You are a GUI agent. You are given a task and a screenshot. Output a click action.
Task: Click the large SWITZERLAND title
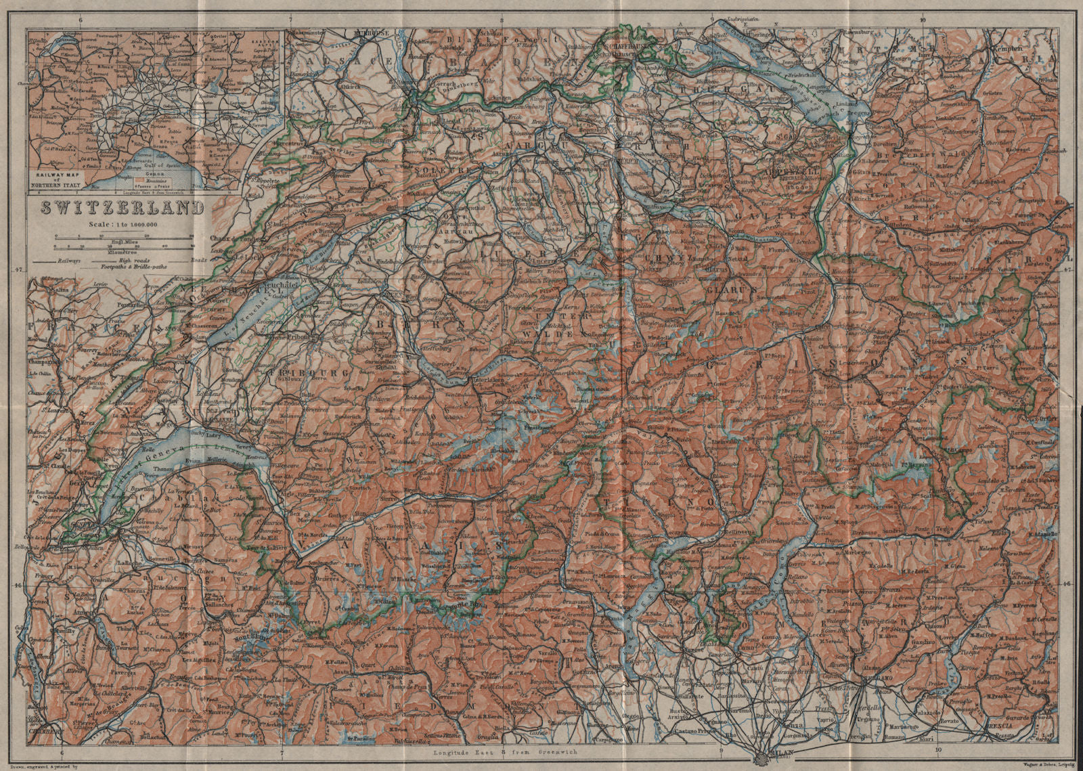coord(122,207)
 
